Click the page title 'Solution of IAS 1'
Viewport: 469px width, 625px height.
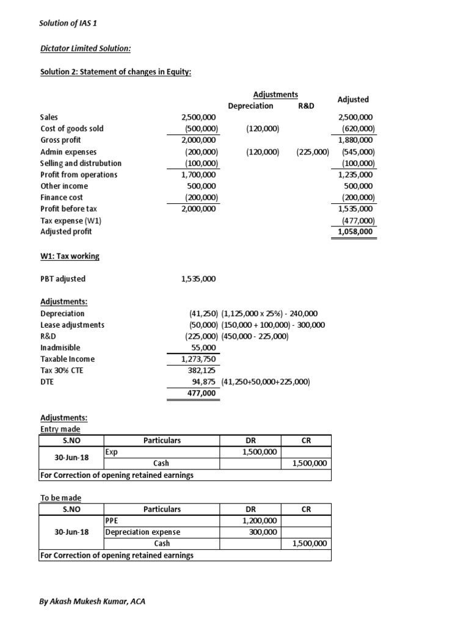coord(65,24)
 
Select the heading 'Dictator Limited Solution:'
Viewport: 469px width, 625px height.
coord(85,48)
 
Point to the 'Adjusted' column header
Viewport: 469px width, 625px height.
coord(353,99)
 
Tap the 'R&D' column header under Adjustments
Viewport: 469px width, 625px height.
coord(306,106)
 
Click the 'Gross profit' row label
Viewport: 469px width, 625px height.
coord(60,140)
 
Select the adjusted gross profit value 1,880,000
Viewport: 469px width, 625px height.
coord(355,140)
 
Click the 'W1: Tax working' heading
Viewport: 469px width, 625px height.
coord(70,256)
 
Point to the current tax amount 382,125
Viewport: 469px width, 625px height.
coord(202,370)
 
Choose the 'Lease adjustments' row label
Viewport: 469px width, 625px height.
coord(72,325)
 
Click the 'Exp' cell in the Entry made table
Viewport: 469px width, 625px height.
coord(111,452)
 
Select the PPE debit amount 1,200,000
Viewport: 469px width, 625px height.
coord(259,521)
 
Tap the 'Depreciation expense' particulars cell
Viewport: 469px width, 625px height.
coord(143,532)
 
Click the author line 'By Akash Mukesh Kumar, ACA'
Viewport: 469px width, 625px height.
coord(93,601)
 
